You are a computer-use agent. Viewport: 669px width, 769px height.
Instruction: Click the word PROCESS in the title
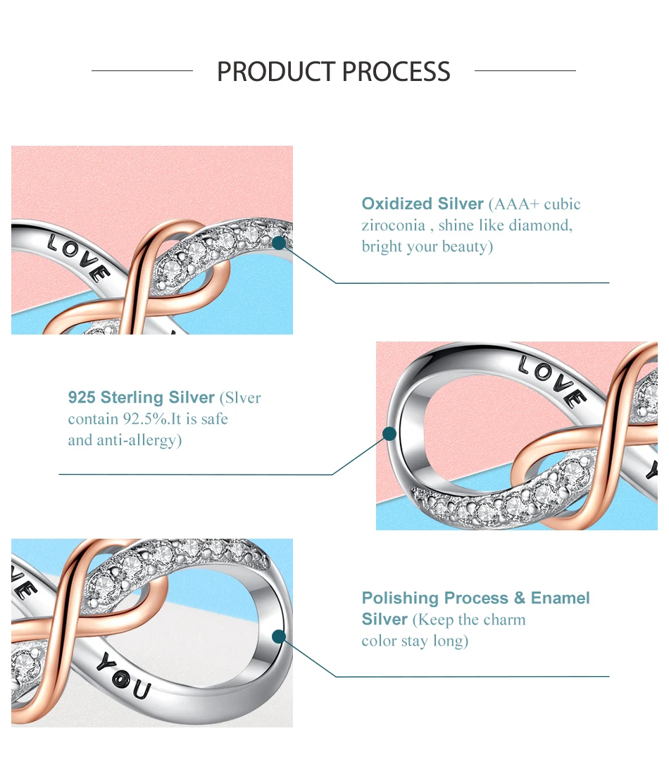tap(396, 72)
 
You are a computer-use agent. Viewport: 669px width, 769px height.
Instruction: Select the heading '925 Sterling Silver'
tap(142, 398)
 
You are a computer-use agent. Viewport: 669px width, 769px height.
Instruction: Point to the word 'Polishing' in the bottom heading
tap(399, 599)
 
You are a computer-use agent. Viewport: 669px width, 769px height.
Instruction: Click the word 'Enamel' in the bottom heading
tap(561, 599)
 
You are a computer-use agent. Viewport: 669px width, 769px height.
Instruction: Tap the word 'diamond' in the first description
tap(542, 225)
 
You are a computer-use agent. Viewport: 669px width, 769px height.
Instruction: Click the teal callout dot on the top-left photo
tap(279, 243)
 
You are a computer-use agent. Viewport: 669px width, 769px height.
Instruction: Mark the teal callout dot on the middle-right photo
tap(389, 434)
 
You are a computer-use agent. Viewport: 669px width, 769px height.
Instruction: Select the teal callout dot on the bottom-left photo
tap(279, 637)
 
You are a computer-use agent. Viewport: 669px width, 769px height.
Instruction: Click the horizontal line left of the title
tap(142, 71)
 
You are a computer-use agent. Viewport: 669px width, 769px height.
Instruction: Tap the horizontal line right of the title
tap(525, 71)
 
